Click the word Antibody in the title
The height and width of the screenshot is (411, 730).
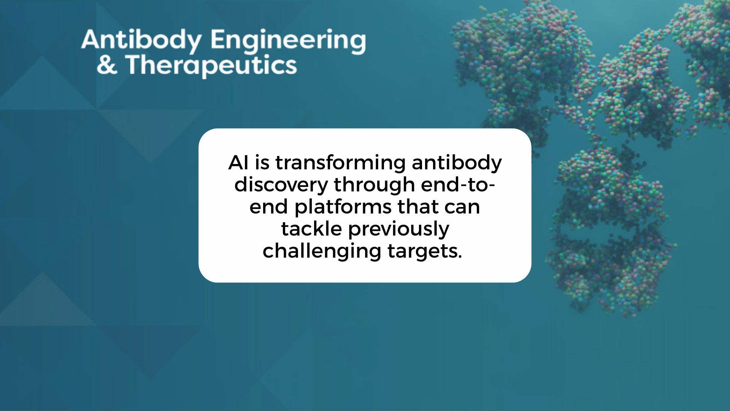pyautogui.click(x=141, y=41)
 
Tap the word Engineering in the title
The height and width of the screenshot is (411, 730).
pyautogui.click(x=288, y=41)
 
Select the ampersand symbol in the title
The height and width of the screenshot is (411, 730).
pyautogui.click(x=106, y=65)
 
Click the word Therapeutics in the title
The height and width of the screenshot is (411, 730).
pyautogui.click(x=211, y=65)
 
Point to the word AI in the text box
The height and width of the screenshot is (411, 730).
pyautogui.click(x=238, y=162)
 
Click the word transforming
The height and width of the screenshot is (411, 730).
pyautogui.click(x=341, y=163)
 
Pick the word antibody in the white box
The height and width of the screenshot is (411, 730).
pyautogui.click(x=457, y=163)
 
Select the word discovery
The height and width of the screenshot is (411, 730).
pyautogui.click(x=281, y=185)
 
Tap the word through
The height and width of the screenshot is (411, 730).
pyautogui.click(x=374, y=185)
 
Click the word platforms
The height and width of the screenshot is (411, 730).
pyautogui.click(x=343, y=207)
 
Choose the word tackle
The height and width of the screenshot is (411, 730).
pyautogui.click(x=311, y=229)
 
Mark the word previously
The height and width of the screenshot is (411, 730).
pyautogui.click(x=398, y=229)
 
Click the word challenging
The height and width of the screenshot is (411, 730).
pyautogui.click(x=322, y=252)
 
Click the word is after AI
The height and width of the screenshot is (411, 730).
pyautogui.click(x=262, y=162)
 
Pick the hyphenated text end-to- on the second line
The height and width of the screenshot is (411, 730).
pyautogui.click(x=458, y=185)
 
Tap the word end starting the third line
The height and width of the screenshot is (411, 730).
pyautogui.click(x=269, y=207)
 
